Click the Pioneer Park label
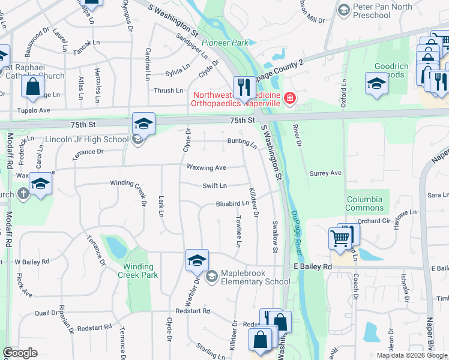[x=225, y=43]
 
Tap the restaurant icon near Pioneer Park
[x=244, y=87]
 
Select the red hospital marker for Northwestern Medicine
[x=290, y=97]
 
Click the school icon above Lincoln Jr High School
[x=143, y=124]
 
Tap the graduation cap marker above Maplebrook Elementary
[x=197, y=260]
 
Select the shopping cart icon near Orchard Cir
[x=340, y=239]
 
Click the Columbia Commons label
[x=365, y=203]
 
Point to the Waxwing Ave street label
[x=206, y=167]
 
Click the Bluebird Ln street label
[x=233, y=204]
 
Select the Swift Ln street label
[x=215, y=186]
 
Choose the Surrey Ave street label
[x=325, y=173]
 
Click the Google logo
[x=20, y=353]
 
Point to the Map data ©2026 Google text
[x=411, y=355]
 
